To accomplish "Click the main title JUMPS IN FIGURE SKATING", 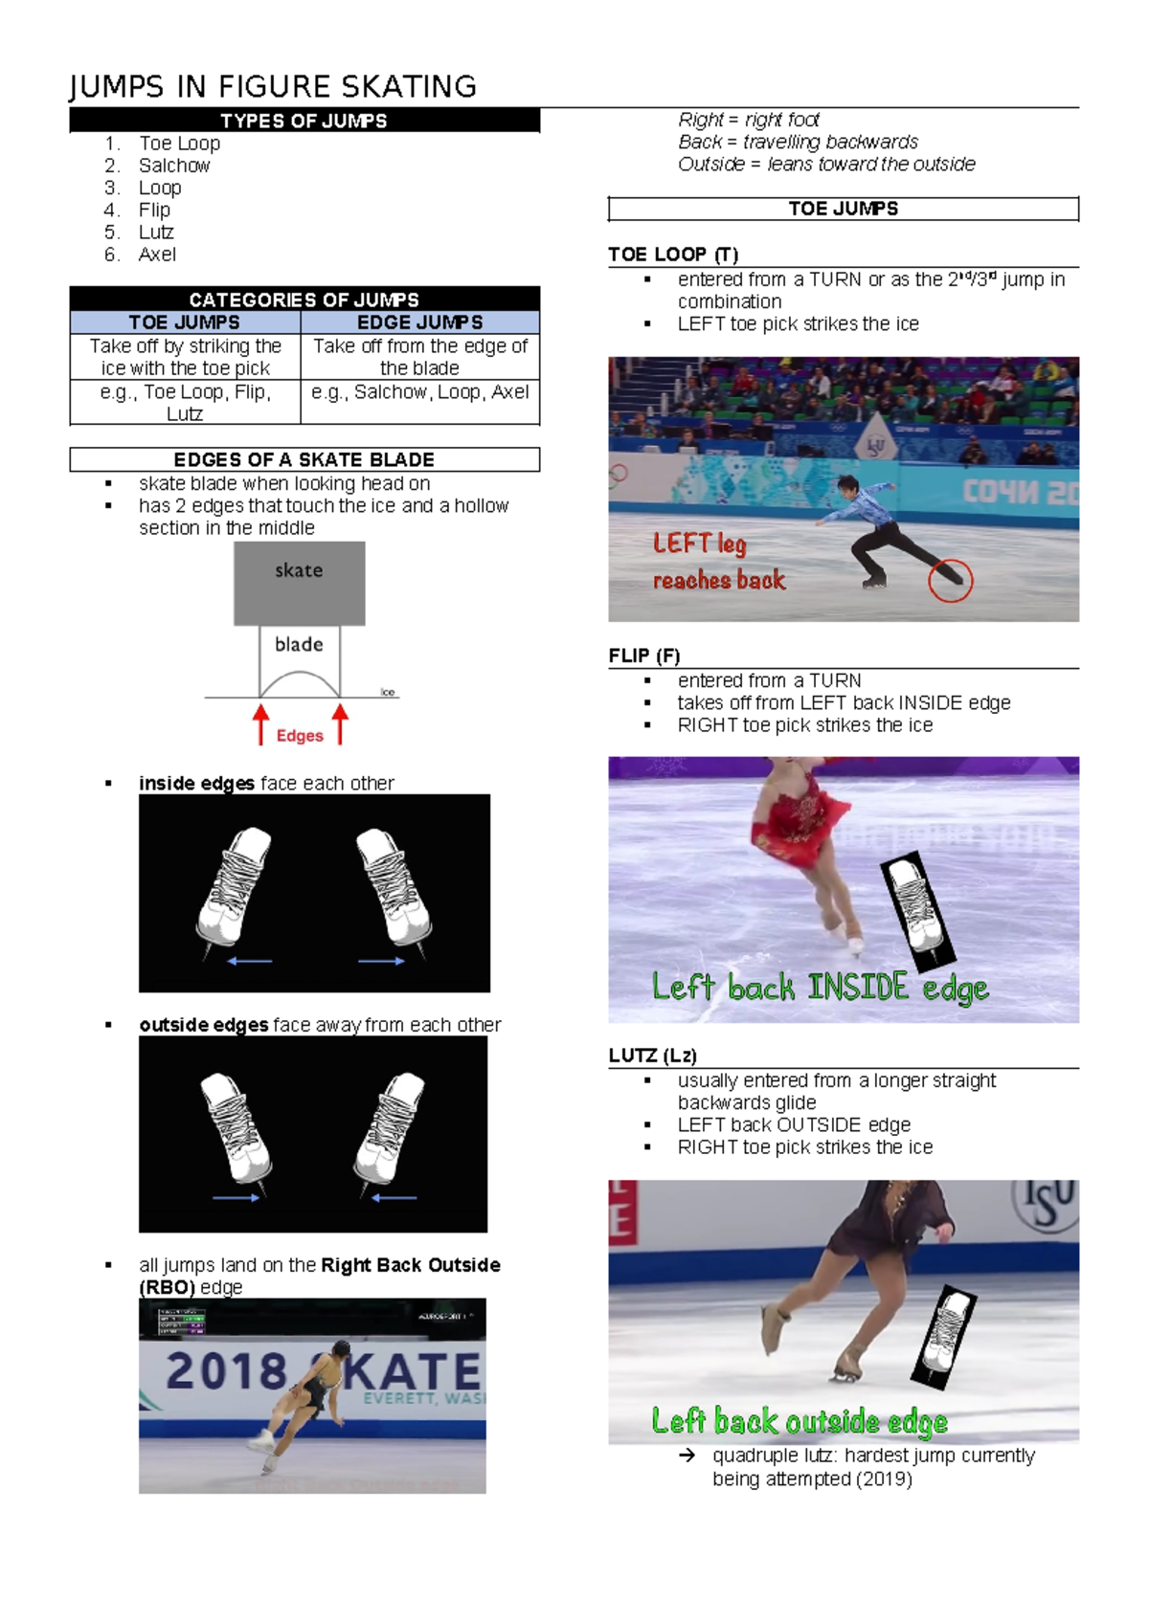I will (x=273, y=87).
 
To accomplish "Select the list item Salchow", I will (x=174, y=166).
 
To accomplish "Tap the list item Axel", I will (x=157, y=255).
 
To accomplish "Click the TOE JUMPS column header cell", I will (x=185, y=322).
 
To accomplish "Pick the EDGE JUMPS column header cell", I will (x=419, y=322).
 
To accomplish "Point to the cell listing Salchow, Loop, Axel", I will (x=419, y=392).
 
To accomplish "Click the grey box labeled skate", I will (x=299, y=582).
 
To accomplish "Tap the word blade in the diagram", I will (x=299, y=644).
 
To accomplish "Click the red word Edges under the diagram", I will (x=300, y=735).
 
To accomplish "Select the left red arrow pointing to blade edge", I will (x=260, y=724).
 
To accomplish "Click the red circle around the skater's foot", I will (x=950, y=579).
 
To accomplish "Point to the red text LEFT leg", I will (x=699, y=544).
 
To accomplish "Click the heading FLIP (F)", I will (x=643, y=656).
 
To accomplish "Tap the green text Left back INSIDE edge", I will (x=820, y=987).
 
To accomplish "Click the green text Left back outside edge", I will (x=800, y=1421).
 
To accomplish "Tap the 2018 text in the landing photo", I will (x=226, y=1371).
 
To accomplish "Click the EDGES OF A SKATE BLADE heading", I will (x=304, y=459).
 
